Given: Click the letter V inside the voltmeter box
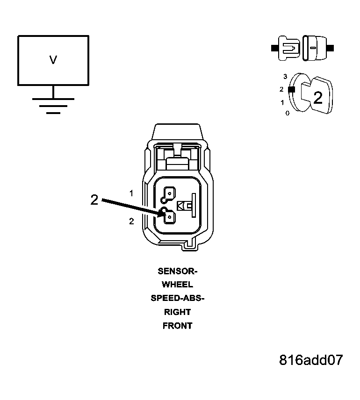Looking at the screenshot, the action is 53,60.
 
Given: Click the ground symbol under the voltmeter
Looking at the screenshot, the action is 53,106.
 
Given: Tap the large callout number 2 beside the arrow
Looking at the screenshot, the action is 94,200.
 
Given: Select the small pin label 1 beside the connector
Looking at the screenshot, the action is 131,193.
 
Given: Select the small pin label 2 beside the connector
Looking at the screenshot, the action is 131,221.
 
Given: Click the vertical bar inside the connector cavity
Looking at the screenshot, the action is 194,205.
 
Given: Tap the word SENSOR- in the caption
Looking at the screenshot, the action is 178,271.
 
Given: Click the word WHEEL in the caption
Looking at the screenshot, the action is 178,285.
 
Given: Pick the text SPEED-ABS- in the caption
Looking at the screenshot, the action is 178,298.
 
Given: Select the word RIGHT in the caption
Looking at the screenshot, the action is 178,312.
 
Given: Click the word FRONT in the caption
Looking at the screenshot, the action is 178,326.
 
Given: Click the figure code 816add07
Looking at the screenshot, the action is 311,360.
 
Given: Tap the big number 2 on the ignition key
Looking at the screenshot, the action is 318,98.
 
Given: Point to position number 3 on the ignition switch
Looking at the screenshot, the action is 285,76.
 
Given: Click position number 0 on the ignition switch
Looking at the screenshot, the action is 287,113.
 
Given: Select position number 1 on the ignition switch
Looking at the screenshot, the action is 282,102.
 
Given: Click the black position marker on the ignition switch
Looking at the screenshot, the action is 292,89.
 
